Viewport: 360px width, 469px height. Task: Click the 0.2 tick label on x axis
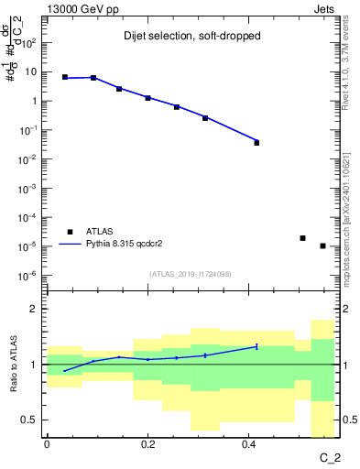coord(147,444)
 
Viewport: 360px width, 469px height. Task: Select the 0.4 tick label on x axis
coord(248,444)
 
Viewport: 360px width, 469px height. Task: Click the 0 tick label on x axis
coord(47,444)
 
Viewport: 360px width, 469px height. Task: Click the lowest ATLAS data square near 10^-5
coord(322,245)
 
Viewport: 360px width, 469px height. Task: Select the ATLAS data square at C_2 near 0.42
coord(256,142)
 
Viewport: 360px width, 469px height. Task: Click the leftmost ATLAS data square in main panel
coord(65,78)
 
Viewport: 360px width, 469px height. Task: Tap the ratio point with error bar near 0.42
coord(256,346)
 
